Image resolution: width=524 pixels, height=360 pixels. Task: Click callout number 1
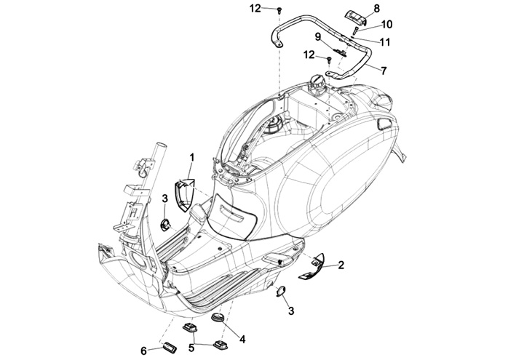pyautogui.click(x=192, y=157)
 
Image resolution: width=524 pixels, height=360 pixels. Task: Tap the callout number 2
pyautogui.click(x=341, y=266)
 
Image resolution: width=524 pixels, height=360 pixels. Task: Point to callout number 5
pyautogui.click(x=192, y=348)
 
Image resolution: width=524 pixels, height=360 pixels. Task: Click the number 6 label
pyautogui.click(x=143, y=351)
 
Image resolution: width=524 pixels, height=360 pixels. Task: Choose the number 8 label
pyautogui.click(x=376, y=8)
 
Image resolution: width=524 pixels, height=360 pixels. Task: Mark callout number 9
pyautogui.click(x=318, y=36)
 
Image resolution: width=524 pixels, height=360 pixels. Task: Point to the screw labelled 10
pyautogui.click(x=354, y=31)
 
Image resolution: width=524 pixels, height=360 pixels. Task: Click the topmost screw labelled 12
pyautogui.click(x=278, y=9)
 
